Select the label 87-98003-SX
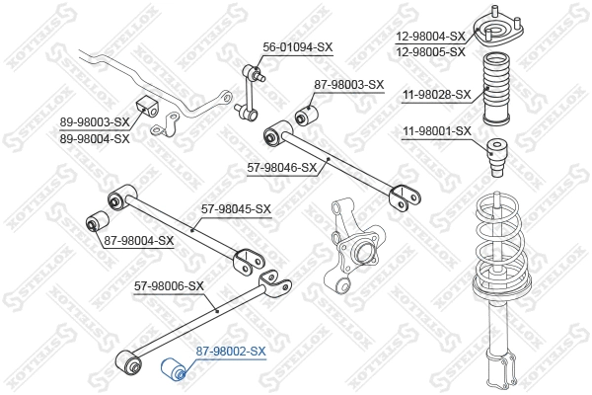[x=348, y=85]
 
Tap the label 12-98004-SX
[x=430, y=37]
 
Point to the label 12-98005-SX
[x=430, y=51]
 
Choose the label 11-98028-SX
[x=437, y=96]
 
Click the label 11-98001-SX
[x=437, y=131]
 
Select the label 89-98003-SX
[x=95, y=122]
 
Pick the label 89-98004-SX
[x=95, y=138]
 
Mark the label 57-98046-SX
[x=281, y=167]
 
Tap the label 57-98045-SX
[x=236, y=209]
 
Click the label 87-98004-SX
[x=138, y=240]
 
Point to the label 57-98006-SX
[x=169, y=286]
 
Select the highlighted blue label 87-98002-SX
[x=231, y=351]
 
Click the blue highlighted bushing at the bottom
[x=175, y=371]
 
